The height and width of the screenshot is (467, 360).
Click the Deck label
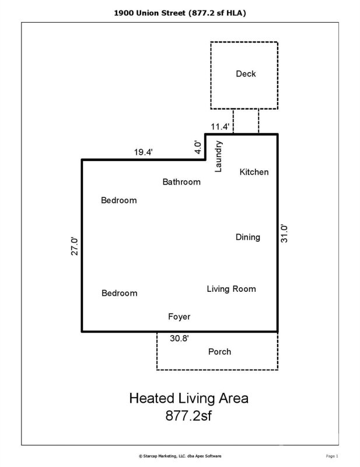(x=246, y=74)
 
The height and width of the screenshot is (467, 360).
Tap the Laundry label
(x=219, y=156)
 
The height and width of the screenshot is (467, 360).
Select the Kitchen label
(x=254, y=172)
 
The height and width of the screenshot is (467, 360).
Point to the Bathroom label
(x=181, y=182)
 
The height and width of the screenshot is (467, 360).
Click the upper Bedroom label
(x=119, y=201)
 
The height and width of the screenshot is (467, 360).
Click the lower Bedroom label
(x=119, y=293)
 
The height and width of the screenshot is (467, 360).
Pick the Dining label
(x=248, y=237)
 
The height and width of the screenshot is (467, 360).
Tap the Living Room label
(x=231, y=289)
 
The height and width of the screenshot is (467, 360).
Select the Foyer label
(x=179, y=317)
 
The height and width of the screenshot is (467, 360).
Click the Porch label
(x=219, y=351)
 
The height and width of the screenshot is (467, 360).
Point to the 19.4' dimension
(x=144, y=152)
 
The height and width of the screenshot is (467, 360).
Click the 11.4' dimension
(x=221, y=126)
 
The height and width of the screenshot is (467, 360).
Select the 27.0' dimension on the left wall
(x=75, y=246)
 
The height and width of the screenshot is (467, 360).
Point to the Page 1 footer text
(x=332, y=455)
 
